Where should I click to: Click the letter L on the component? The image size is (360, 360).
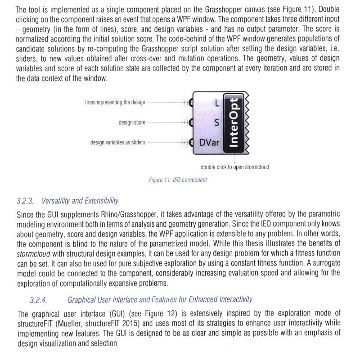pyautogui.click(x=216, y=103)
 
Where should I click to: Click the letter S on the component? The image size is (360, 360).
pyautogui.click(x=216, y=122)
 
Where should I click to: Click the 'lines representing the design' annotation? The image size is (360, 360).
pyautogui.click(x=115, y=102)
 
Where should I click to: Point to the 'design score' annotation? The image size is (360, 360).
pyautogui.click(x=132, y=122)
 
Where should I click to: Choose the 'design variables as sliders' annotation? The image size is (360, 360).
pyautogui.click(x=118, y=143)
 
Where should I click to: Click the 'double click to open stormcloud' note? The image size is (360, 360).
pyautogui.click(x=235, y=167)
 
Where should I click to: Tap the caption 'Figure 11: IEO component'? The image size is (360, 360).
pyautogui.click(x=178, y=180)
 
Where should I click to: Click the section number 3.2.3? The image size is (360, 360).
pyautogui.click(x=25, y=200)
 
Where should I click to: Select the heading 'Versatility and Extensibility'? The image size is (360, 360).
pyautogui.click(x=80, y=200)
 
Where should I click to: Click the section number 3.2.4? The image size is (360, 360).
pyautogui.click(x=39, y=299)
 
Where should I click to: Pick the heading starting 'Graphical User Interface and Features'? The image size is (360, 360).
pyautogui.click(x=160, y=299)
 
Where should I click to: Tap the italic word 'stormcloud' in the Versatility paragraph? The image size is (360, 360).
pyautogui.click(x=33, y=252)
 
